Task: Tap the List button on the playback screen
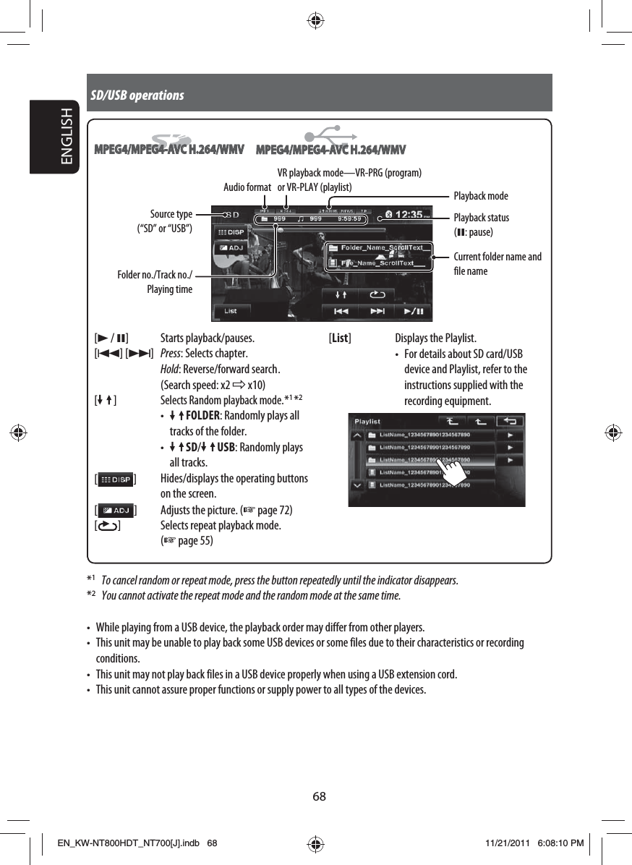tap(231, 311)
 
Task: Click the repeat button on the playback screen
tap(377, 294)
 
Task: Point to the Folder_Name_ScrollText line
tap(379, 248)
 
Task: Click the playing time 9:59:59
tap(350, 219)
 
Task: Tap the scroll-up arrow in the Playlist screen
tap(357, 436)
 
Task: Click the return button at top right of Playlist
tap(512, 421)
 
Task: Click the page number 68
tap(319, 796)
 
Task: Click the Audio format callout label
tap(247, 188)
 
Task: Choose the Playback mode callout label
tap(480, 196)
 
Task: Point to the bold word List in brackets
tap(340, 338)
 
